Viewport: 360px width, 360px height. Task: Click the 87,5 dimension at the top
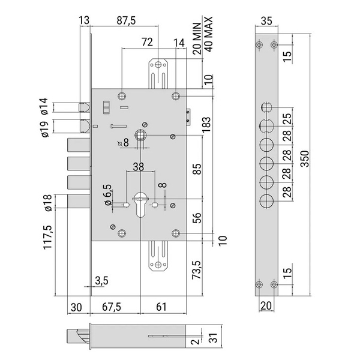(126, 20)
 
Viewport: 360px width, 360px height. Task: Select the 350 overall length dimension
(305, 158)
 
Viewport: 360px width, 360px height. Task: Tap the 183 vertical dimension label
(206, 124)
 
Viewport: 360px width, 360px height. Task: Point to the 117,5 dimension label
(48, 238)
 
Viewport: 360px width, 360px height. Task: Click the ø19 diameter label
(45, 129)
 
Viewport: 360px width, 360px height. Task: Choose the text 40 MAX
(208, 34)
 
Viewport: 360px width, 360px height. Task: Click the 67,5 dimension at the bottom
(112, 307)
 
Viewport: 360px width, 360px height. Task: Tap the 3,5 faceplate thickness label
(102, 281)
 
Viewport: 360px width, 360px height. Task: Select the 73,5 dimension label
(197, 270)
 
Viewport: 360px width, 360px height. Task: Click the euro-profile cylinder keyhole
(140, 205)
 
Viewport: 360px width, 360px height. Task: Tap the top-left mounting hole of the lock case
(122, 96)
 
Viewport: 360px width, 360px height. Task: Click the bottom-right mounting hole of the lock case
(176, 233)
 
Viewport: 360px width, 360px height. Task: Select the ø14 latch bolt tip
(84, 107)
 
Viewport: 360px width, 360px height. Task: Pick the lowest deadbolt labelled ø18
(79, 202)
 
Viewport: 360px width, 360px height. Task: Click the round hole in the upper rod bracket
(158, 65)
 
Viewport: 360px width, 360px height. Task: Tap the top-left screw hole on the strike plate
(259, 44)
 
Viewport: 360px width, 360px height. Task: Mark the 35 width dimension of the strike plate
(266, 21)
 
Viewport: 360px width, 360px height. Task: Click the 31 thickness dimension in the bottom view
(214, 338)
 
